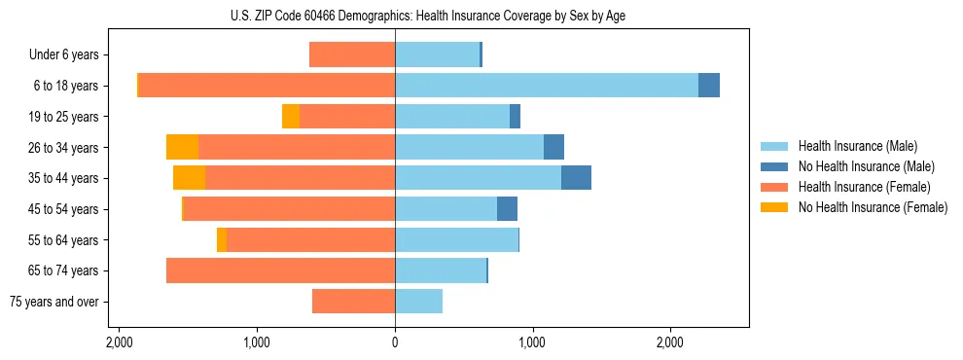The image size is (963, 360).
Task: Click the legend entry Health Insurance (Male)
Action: [856, 146]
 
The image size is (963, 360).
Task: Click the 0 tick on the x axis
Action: [395, 343]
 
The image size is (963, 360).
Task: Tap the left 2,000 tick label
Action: [119, 343]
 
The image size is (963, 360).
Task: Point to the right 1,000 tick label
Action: [532, 343]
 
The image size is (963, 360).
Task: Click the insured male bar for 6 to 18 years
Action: [546, 86]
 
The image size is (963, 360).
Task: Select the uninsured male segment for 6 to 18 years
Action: [709, 86]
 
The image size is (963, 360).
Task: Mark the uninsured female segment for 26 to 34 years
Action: [182, 147]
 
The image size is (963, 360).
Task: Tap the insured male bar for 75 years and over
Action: [418, 302]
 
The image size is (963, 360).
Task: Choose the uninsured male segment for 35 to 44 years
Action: [576, 178]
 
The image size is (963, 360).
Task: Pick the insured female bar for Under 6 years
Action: [352, 55]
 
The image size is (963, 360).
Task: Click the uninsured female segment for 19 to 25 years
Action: [291, 117]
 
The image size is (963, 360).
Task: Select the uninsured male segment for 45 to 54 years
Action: [507, 209]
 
